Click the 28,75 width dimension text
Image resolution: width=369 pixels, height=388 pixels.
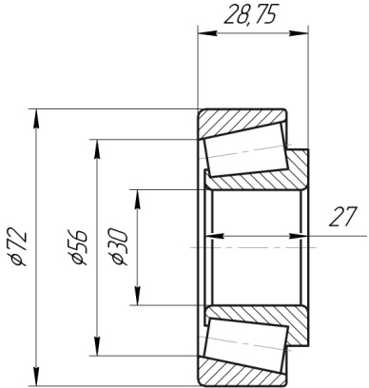point(249,15)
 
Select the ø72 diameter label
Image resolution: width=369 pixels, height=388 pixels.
point(17,246)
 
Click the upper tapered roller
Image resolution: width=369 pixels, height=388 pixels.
point(246,149)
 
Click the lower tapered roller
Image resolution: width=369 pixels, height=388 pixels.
point(246,345)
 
